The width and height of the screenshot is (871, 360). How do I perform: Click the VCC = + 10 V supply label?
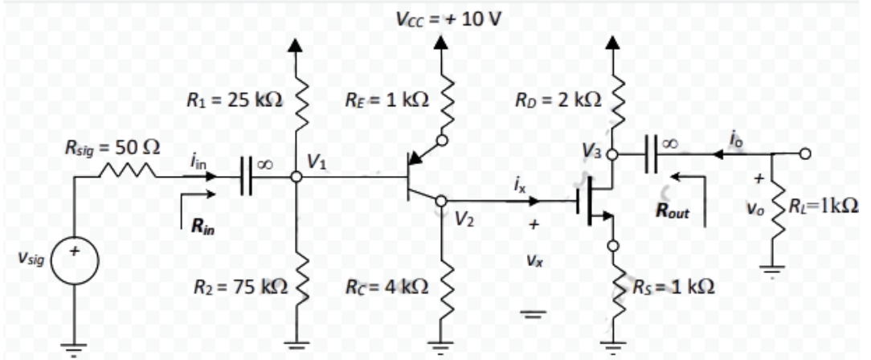[x=448, y=18]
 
